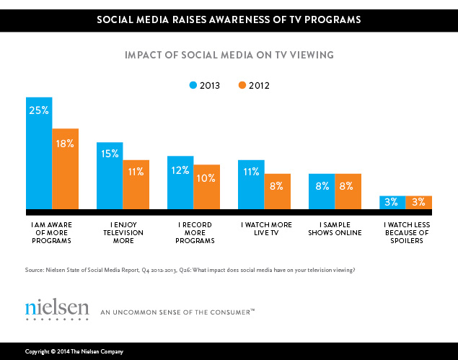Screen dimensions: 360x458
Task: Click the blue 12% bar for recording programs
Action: [x=180, y=183]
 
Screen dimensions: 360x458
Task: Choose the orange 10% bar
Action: [x=207, y=187]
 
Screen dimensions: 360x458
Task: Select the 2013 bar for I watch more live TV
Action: [x=251, y=185]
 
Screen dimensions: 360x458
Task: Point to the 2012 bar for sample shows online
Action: [x=348, y=191]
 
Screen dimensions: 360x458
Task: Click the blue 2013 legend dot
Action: [x=193, y=85]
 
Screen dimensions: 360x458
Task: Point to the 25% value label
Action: [x=39, y=111]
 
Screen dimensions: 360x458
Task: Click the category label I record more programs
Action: [x=193, y=232]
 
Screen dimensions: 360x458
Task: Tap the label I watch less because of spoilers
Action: [x=405, y=232]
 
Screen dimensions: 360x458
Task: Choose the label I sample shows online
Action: [x=335, y=229]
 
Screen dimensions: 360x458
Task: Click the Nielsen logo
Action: [x=57, y=310]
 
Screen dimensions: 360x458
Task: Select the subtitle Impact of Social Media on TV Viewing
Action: [x=229, y=55]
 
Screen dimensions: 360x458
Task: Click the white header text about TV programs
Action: [x=229, y=19]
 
